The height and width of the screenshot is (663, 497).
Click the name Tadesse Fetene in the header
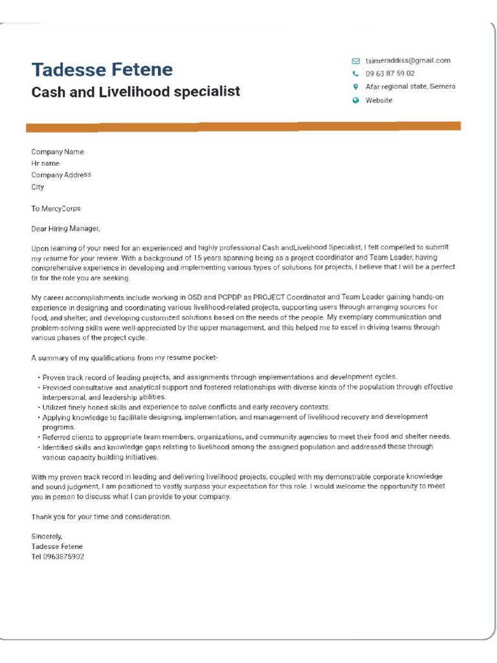tap(102, 69)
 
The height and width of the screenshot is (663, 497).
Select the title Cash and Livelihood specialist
tap(135, 92)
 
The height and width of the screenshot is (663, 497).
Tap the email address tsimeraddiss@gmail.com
tap(408, 61)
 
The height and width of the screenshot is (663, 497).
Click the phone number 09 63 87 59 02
tap(390, 74)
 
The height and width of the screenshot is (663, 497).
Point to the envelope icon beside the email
tap(355, 61)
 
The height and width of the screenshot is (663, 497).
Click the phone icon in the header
tap(355, 74)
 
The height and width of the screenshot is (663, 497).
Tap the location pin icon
tap(355, 87)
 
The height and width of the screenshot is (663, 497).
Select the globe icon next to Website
tap(355, 100)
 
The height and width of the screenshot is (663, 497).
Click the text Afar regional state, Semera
tap(410, 87)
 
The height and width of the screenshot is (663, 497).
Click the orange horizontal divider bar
tap(243, 126)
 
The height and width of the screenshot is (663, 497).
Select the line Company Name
tap(58, 152)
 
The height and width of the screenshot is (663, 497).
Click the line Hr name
tap(45, 164)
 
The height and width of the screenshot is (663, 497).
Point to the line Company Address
tap(61, 175)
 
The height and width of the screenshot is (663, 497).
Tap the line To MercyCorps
tap(56, 209)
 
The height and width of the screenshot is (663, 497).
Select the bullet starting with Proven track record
tap(219, 377)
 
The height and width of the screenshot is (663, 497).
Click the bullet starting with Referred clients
tap(246, 436)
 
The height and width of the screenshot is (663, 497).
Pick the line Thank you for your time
tap(102, 517)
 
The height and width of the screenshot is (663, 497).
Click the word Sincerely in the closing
tap(47, 536)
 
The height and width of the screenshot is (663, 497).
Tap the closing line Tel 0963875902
tap(58, 557)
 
